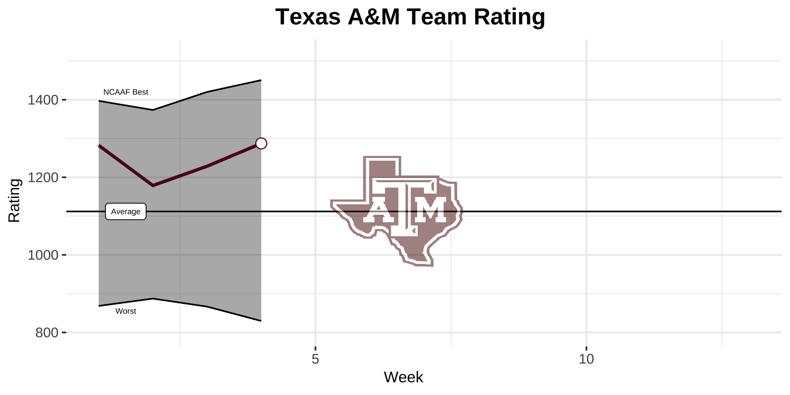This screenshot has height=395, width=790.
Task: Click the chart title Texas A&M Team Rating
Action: (x=410, y=17)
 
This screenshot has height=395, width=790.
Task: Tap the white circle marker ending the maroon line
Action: (x=261, y=143)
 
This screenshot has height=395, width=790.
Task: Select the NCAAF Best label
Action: (x=126, y=92)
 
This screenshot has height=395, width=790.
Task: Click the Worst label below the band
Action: (x=126, y=311)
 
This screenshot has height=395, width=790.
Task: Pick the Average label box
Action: (x=126, y=212)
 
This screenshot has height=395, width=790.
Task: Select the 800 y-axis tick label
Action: (x=46, y=333)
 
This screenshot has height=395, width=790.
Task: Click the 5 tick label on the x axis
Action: (x=315, y=360)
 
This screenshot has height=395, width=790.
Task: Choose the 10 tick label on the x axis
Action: (x=586, y=360)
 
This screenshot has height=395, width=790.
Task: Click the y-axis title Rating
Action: (x=15, y=201)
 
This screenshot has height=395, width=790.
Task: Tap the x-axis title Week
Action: (x=403, y=377)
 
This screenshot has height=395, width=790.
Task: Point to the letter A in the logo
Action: (x=377, y=211)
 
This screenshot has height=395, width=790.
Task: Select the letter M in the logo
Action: (x=431, y=211)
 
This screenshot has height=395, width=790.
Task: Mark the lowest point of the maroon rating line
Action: (x=153, y=185)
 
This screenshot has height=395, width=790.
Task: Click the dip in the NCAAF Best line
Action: (x=153, y=110)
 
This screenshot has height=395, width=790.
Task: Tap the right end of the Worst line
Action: (x=261, y=321)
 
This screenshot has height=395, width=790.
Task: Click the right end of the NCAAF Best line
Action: (x=261, y=80)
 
